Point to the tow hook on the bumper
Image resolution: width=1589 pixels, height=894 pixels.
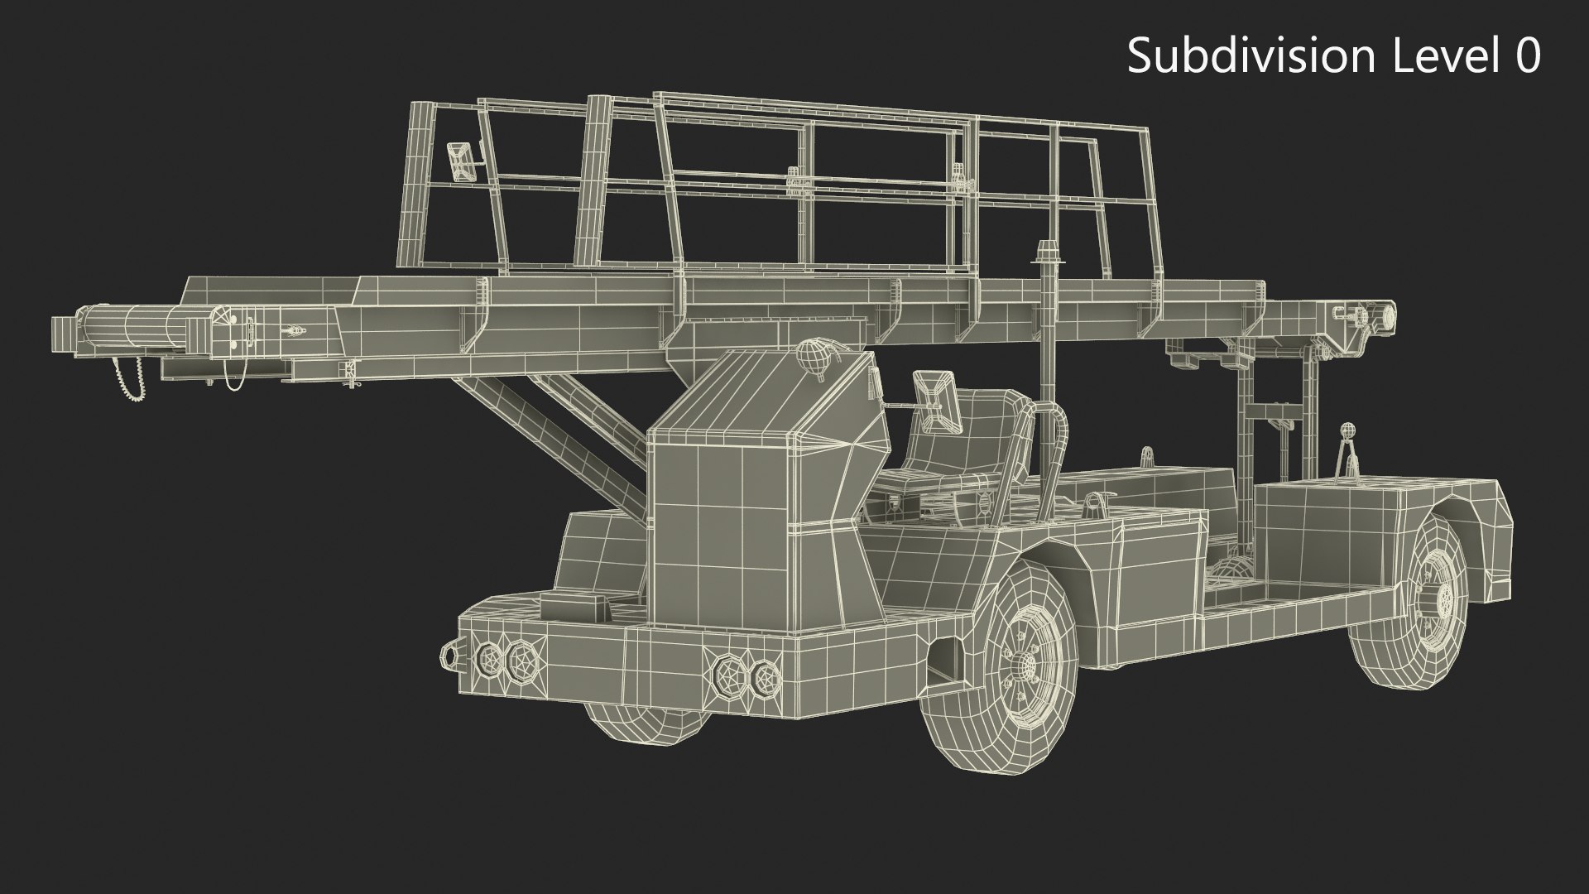(450, 655)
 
